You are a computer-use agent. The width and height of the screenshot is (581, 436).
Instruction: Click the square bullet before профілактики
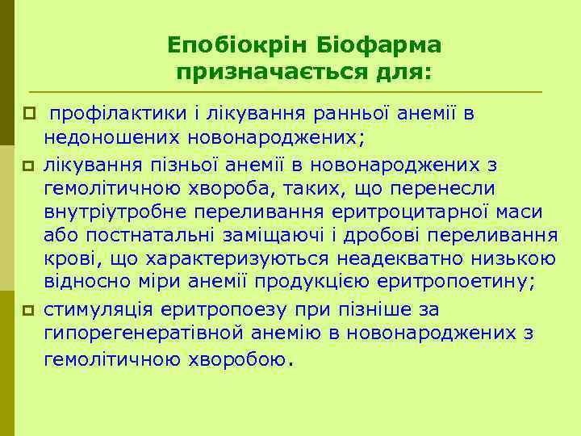pyautogui.click(x=31, y=114)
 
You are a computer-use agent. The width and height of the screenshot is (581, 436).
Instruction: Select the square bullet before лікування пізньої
pyautogui.click(x=31, y=166)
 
